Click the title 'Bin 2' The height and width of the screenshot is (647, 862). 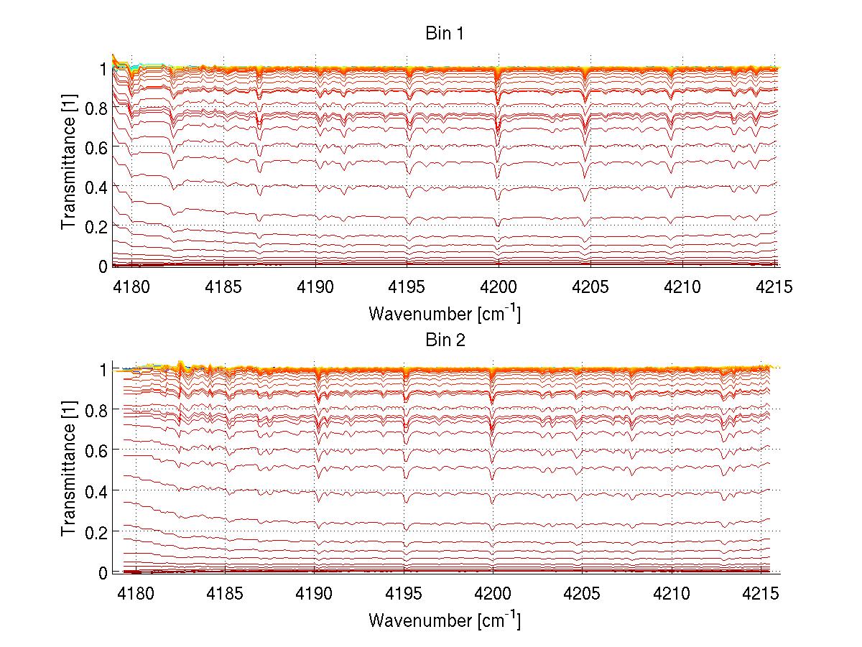pyautogui.click(x=445, y=340)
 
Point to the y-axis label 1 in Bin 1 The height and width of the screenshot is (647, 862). pyautogui.click(x=102, y=68)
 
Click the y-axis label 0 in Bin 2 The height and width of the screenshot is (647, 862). pyautogui.click(x=102, y=572)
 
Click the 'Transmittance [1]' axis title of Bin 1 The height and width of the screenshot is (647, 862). pyautogui.click(x=69, y=167)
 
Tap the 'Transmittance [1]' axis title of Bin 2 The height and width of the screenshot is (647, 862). pyautogui.click(x=69, y=471)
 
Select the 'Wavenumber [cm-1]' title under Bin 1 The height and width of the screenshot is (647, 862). pyautogui.click(x=445, y=313)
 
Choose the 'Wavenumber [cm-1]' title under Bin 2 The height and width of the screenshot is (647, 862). pyautogui.click(x=445, y=618)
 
